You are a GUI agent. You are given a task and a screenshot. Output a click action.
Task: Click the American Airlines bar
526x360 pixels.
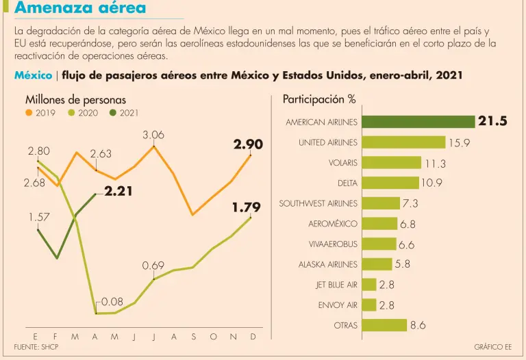coord(418,122)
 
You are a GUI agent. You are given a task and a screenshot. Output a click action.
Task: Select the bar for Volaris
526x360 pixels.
coord(391,162)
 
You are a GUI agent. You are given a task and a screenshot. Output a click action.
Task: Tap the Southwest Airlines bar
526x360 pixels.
coord(380,203)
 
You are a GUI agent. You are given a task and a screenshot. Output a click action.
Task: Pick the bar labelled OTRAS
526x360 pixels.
coord(384,325)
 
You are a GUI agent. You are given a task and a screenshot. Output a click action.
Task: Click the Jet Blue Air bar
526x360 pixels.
coord(368,285)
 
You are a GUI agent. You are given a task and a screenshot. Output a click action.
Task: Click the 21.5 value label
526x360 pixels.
coord(492,122)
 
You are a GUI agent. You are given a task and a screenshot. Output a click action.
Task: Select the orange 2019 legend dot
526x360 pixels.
coord(29,113)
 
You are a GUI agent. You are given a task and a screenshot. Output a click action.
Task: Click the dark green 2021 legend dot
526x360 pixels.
coord(113,113)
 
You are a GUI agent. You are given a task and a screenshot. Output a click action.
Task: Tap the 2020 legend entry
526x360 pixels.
coord(82,113)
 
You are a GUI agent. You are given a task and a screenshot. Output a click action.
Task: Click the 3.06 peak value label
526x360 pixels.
coord(153,136)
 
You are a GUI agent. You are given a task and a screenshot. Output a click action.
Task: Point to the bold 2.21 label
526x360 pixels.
coord(118,192)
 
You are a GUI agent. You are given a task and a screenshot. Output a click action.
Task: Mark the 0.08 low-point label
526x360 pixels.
coord(112,301)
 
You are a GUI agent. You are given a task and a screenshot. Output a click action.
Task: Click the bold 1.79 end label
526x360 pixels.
coord(247,207)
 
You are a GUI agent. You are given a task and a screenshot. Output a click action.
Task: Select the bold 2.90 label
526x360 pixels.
coord(247,144)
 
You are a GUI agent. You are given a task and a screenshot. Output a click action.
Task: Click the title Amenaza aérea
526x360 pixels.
coord(80,9)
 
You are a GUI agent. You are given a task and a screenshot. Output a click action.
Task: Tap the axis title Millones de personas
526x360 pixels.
coord(71,100)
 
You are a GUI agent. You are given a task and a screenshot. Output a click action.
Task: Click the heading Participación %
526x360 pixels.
coord(318,99)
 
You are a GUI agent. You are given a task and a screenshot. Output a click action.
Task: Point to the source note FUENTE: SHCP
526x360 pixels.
coord(38,347)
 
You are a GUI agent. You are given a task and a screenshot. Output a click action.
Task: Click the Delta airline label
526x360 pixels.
coord(347,183)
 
